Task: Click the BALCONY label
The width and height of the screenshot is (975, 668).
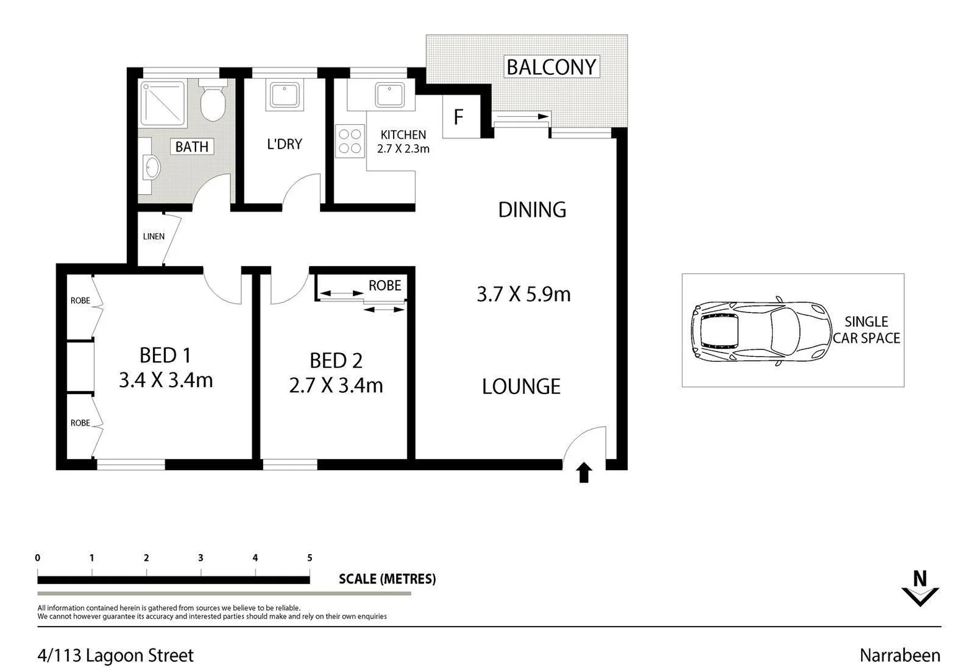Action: [x=551, y=67]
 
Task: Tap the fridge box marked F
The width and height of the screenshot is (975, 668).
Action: [x=459, y=116]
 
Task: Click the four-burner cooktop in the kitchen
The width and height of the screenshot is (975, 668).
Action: [x=350, y=141]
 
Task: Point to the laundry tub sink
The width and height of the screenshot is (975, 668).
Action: [x=284, y=95]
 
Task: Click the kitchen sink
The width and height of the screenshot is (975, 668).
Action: [x=389, y=95]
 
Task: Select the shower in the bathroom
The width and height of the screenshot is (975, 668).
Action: [x=163, y=103]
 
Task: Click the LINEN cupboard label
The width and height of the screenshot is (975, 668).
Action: [x=154, y=236]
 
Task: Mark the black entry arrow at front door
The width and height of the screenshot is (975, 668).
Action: [x=584, y=473]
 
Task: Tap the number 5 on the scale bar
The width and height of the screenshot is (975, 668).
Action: [x=310, y=558]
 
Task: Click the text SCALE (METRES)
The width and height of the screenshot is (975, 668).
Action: [x=387, y=579]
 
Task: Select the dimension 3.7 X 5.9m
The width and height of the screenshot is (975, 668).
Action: [x=523, y=294]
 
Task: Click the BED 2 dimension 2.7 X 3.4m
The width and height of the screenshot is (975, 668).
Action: [x=336, y=385]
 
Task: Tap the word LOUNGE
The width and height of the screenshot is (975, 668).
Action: [x=521, y=387]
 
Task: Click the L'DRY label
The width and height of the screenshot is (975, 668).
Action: [x=284, y=144]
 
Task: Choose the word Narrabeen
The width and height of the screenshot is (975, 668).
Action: [x=899, y=656]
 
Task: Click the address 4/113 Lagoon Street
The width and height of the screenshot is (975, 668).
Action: [x=116, y=656]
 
